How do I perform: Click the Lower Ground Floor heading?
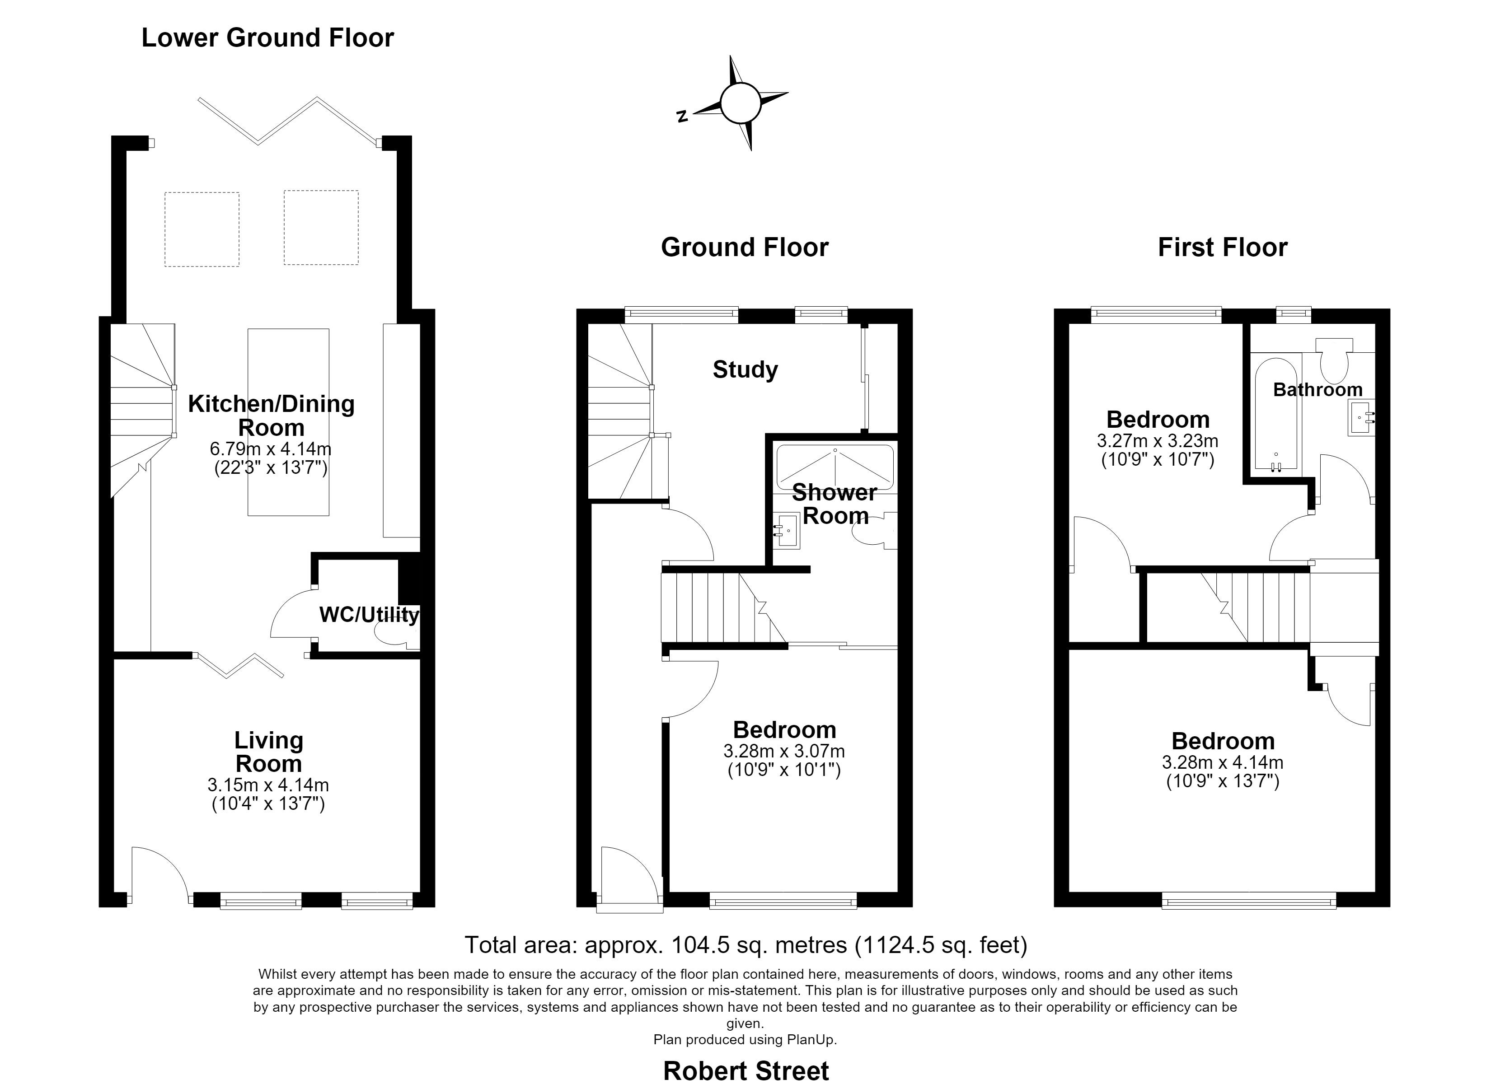(267, 38)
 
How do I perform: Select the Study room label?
(745, 370)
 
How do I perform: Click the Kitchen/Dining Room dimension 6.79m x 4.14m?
(270, 449)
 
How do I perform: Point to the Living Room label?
(269, 752)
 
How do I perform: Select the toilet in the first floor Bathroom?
(1334, 360)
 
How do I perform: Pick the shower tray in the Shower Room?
(835, 468)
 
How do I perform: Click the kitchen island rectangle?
(288, 422)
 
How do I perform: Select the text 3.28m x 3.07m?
(784, 751)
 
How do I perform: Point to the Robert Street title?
(745, 1070)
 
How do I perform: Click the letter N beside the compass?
(682, 117)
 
